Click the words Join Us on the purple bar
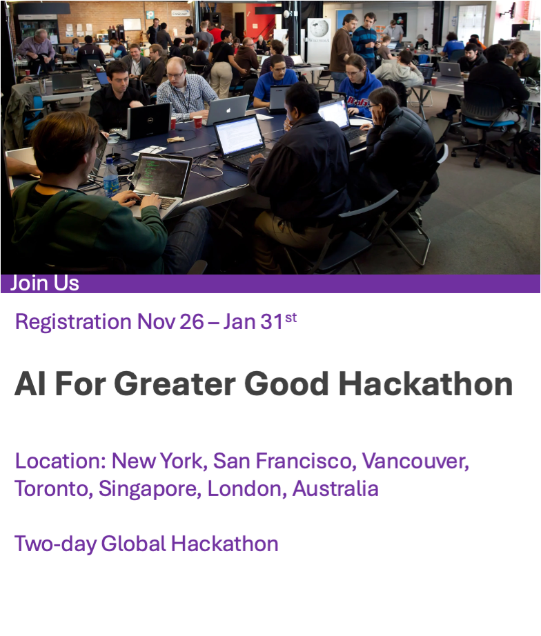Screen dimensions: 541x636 [x=45, y=283]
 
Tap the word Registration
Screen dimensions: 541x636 [x=73, y=322]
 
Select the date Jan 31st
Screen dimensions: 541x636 [x=259, y=321]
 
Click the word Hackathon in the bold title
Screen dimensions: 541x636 [x=426, y=384]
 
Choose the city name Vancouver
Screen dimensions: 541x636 [x=415, y=461]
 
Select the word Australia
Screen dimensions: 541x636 [x=335, y=488]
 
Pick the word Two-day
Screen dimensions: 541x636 [x=56, y=544]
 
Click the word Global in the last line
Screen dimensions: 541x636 [x=134, y=544]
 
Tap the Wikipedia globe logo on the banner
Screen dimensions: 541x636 [x=319, y=28]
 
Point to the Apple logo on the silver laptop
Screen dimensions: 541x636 [x=228, y=110]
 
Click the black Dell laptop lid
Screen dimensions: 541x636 [x=149, y=121]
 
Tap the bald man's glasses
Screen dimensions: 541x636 [x=175, y=74]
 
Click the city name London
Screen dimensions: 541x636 [x=244, y=489]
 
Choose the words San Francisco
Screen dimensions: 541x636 [x=284, y=461]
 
